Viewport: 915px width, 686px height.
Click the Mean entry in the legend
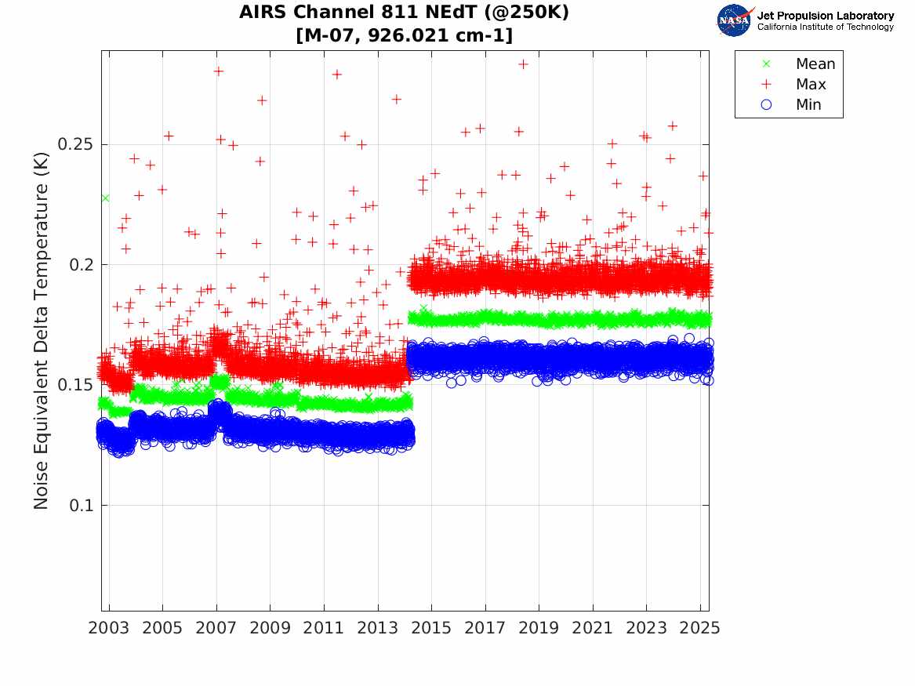coord(815,64)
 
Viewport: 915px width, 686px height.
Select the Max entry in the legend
coord(810,85)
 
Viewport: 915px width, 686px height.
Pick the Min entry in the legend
coord(808,105)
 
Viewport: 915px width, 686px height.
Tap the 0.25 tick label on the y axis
coord(75,145)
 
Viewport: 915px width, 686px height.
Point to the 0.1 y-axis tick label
coord(81,505)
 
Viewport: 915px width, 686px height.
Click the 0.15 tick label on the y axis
coord(75,385)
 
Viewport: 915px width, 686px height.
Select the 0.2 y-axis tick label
coord(81,265)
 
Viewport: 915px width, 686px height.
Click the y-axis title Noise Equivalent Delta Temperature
coord(42,330)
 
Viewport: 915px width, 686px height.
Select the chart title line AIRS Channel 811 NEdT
coord(404,13)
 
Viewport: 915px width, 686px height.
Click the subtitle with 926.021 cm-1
coord(404,35)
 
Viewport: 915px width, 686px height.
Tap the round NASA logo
coord(733,21)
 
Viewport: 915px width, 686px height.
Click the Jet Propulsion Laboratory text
coord(825,16)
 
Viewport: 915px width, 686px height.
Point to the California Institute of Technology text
coord(825,27)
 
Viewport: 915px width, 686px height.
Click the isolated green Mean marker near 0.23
coord(105,198)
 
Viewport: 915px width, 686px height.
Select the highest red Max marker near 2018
coord(523,64)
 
